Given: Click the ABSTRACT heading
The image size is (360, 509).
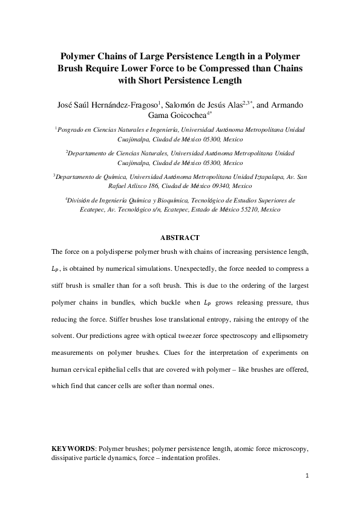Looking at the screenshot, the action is coord(179,238).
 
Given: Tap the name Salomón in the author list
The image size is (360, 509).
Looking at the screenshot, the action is coord(185,105).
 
